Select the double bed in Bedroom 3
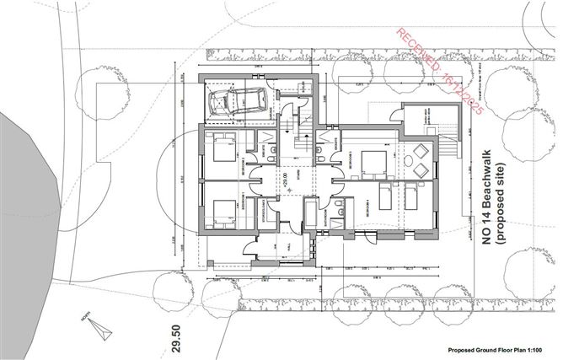point(370,161)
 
